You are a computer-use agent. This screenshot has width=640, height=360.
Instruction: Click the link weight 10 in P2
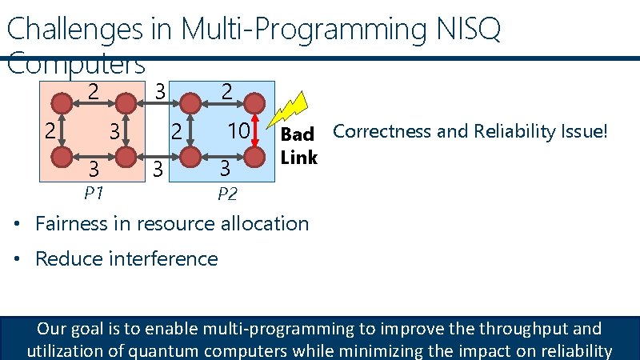(x=238, y=130)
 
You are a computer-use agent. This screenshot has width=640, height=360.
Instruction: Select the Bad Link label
(x=298, y=145)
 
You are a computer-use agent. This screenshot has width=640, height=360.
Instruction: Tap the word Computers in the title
(x=76, y=62)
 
